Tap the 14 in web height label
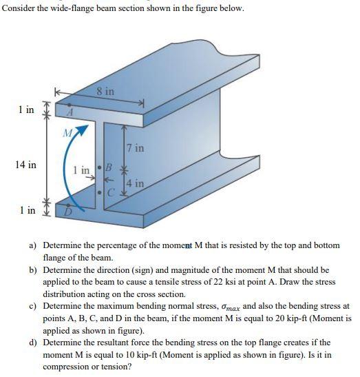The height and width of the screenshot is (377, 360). point(27,165)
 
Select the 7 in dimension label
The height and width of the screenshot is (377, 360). point(134,147)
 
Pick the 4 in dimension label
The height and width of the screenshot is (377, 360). point(136,183)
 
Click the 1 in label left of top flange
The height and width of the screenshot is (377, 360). point(27,110)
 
